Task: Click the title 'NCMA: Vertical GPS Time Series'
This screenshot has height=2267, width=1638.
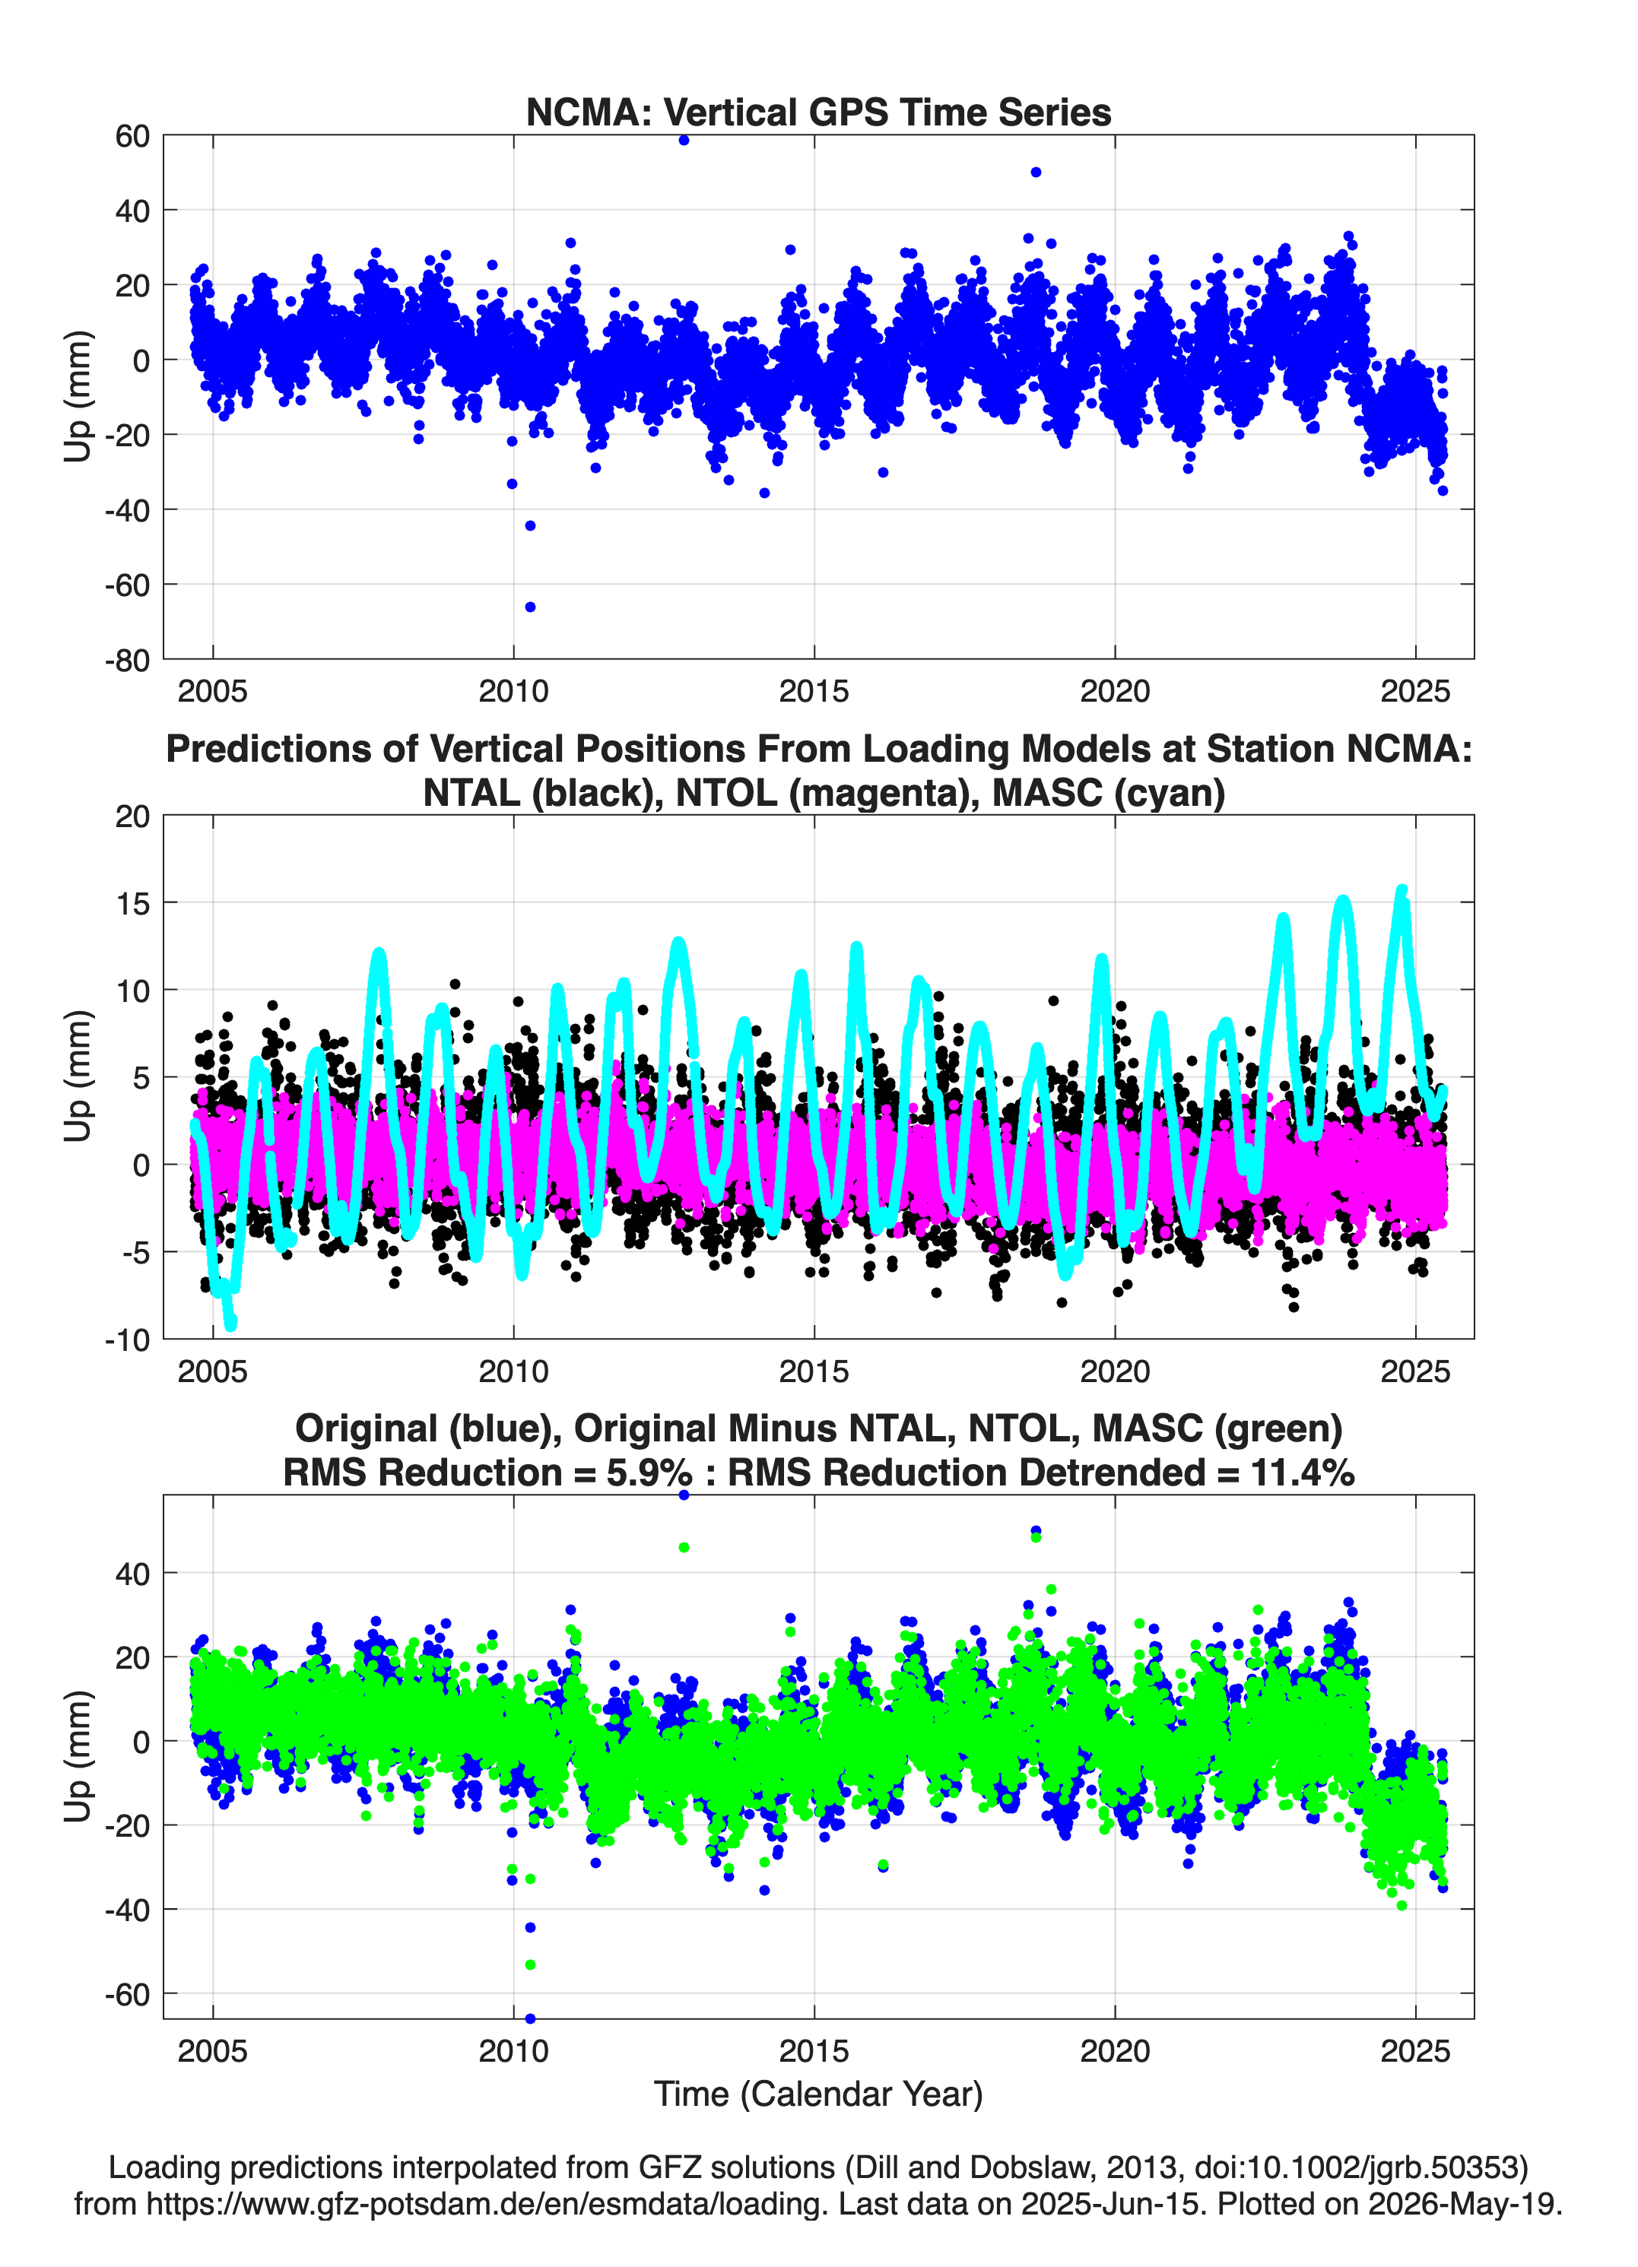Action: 818,112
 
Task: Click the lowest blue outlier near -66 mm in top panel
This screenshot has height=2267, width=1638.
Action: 530,607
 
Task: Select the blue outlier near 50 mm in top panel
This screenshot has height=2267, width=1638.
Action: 1036,172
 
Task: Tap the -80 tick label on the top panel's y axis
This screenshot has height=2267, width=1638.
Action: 127,660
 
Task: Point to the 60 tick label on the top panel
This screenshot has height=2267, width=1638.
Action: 133,136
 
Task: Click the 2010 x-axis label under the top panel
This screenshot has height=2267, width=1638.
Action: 513,691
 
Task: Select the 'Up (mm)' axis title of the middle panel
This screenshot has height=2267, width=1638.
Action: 78,1076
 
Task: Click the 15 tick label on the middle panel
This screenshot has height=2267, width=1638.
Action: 133,902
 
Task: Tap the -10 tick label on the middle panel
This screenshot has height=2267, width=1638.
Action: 127,1340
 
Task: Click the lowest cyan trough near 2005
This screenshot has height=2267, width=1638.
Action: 231,1324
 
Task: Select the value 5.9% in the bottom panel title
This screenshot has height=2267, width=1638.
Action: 649,1473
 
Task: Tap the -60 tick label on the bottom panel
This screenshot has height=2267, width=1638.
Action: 127,1994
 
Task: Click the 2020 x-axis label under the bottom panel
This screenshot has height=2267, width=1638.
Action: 1115,2051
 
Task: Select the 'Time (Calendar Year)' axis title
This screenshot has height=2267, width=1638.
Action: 818,2094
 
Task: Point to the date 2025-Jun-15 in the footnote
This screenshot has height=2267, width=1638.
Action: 1109,2204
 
